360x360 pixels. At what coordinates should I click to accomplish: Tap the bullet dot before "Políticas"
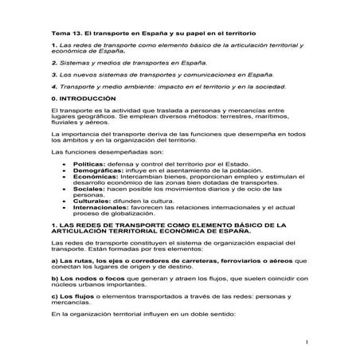click(x=63, y=162)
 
